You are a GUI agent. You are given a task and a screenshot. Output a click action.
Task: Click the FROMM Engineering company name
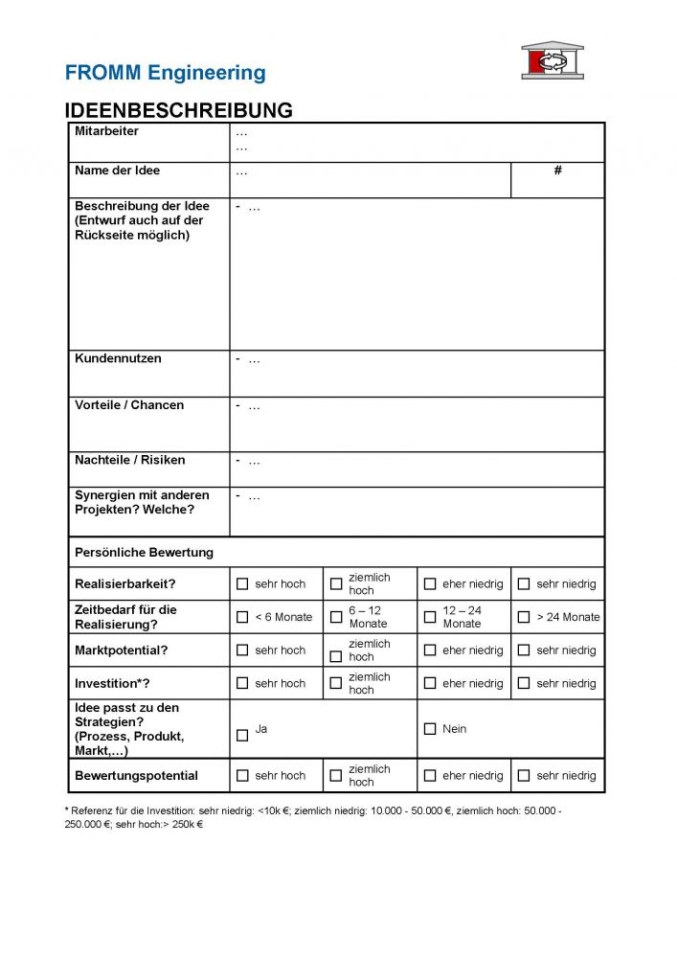[x=165, y=73]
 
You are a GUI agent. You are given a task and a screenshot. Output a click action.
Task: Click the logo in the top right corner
[x=552, y=60]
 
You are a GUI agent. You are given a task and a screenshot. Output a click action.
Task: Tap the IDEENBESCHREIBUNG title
[x=178, y=110]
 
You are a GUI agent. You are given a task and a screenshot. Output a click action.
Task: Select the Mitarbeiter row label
[x=106, y=131]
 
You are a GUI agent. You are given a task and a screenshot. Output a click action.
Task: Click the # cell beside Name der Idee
[x=557, y=171]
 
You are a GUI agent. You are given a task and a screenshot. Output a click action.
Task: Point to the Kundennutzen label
[x=118, y=358]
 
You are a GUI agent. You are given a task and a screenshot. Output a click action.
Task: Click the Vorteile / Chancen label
[x=129, y=405]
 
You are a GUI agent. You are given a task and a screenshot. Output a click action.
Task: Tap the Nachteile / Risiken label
[x=130, y=460]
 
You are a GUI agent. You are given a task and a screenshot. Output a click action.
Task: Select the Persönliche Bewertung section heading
[x=144, y=552]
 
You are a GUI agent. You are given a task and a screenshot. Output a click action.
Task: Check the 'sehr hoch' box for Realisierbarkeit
[x=242, y=583]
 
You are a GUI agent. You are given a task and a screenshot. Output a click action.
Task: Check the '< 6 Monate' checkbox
[x=242, y=617]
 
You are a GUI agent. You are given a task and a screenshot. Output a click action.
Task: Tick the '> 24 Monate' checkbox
[x=524, y=617]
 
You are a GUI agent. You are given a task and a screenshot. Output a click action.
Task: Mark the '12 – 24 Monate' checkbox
[x=430, y=617]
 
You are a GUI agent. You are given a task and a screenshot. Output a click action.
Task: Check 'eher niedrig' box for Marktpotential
[x=430, y=650]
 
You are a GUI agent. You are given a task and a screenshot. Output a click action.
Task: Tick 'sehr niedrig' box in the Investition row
[x=524, y=683]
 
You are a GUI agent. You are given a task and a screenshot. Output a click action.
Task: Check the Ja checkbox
[x=242, y=735]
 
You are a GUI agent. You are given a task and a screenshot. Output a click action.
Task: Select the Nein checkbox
[x=430, y=729]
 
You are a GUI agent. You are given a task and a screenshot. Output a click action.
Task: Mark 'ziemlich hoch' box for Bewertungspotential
[x=336, y=776]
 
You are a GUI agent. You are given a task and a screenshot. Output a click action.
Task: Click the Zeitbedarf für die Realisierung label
[x=125, y=617]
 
